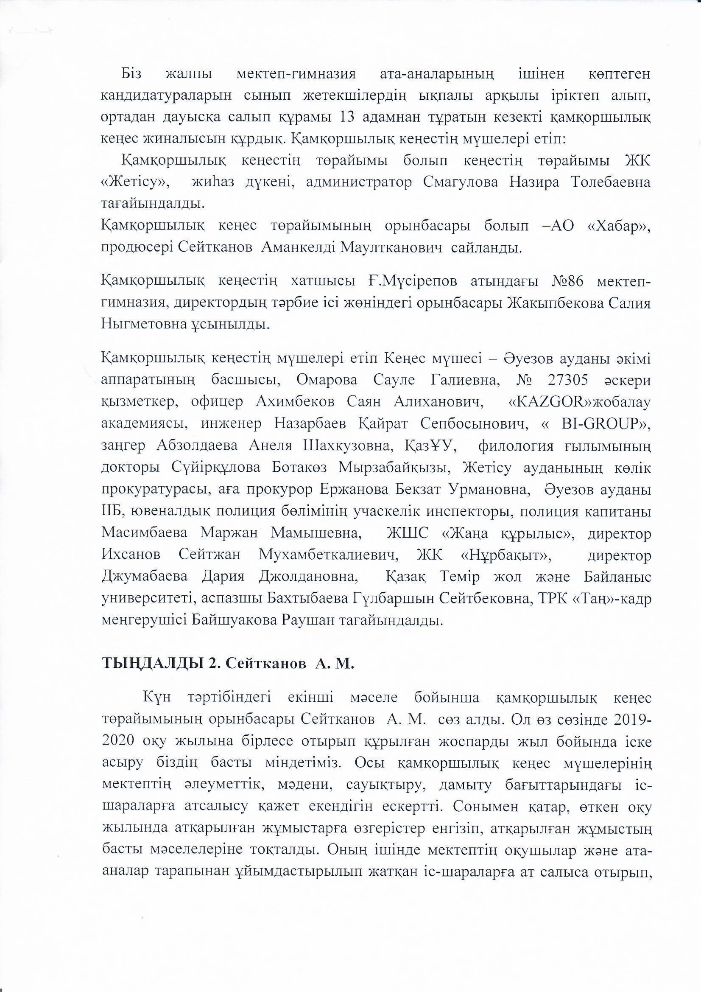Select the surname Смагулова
coord(460,182)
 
